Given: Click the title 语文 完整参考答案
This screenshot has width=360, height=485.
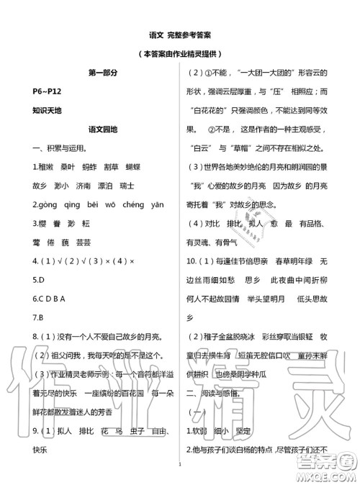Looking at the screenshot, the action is (180, 35).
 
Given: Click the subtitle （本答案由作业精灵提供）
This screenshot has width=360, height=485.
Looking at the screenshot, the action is (180, 54).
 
